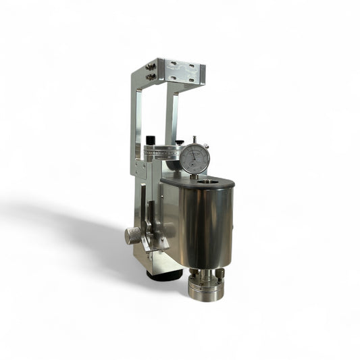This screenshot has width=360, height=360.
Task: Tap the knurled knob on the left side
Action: coord(133,235)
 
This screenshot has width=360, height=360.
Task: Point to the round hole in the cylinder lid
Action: coord(217,180)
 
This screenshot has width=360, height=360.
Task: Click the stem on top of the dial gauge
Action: coord(194,140)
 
